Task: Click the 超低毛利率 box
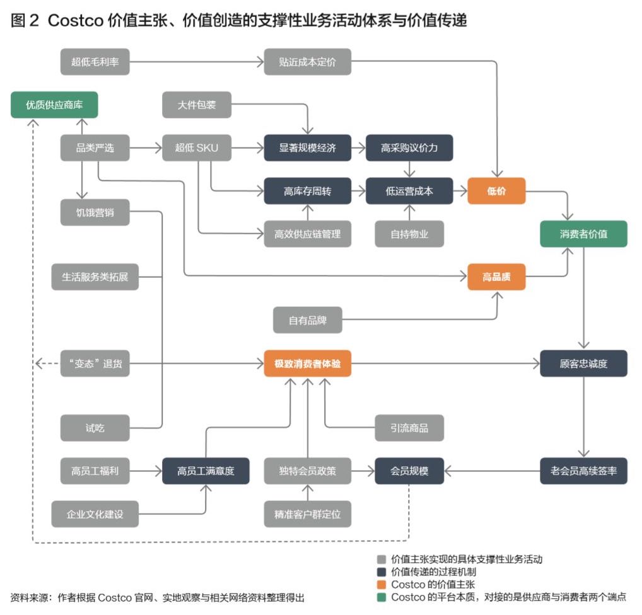click(x=95, y=62)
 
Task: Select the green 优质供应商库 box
click(x=54, y=105)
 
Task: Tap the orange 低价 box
click(x=496, y=191)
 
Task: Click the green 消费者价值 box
click(x=583, y=234)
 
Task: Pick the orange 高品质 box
click(x=496, y=276)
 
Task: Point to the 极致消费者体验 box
click(x=307, y=364)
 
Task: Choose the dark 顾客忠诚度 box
click(x=583, y=364)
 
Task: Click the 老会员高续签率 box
click(x=583, y=471)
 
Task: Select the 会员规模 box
click(x=409, y=471)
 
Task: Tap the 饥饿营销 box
click(x=95, y=212)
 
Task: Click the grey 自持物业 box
click(x=409, y=234)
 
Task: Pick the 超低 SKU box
click(x=196, y=148)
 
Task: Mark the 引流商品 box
click(x=409, y=428)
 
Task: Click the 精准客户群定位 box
click(x=307, y=514)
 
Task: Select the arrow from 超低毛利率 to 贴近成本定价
click(x=196, y=62)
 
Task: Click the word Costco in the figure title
click(x=74, y=20)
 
